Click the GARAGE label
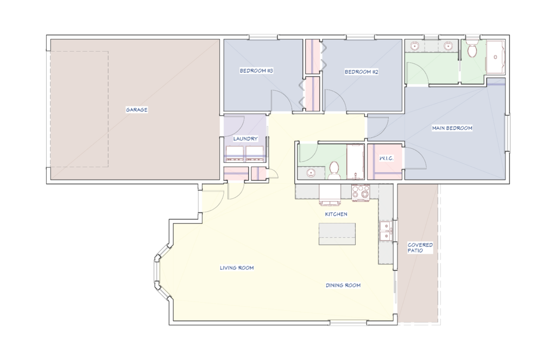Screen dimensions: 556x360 tap(136, 110)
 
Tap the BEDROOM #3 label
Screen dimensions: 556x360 tap(256, 71)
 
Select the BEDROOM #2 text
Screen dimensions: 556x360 tap(361, 72)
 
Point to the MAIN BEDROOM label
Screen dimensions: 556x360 tap(452, 128)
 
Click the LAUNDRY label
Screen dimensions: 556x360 tap(245, 138)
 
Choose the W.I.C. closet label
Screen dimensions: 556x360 tap(386, 158)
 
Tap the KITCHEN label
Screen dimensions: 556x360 tap(336, 214)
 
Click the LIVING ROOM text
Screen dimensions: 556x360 tap(237, 268)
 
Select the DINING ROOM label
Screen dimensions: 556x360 tap(343, 285)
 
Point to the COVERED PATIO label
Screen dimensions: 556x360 tap(420, 248)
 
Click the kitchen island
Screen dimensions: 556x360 tap(337, 233)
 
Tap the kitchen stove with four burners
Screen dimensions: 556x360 tap(361, 193)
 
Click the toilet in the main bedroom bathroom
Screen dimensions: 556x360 tap(472, 49)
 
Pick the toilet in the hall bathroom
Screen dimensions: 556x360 tap(334, 170)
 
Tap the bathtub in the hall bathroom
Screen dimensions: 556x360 tap(355, 162)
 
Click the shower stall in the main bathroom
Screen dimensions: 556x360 tap(495, 58)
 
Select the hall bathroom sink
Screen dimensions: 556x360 tap(311, 173)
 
